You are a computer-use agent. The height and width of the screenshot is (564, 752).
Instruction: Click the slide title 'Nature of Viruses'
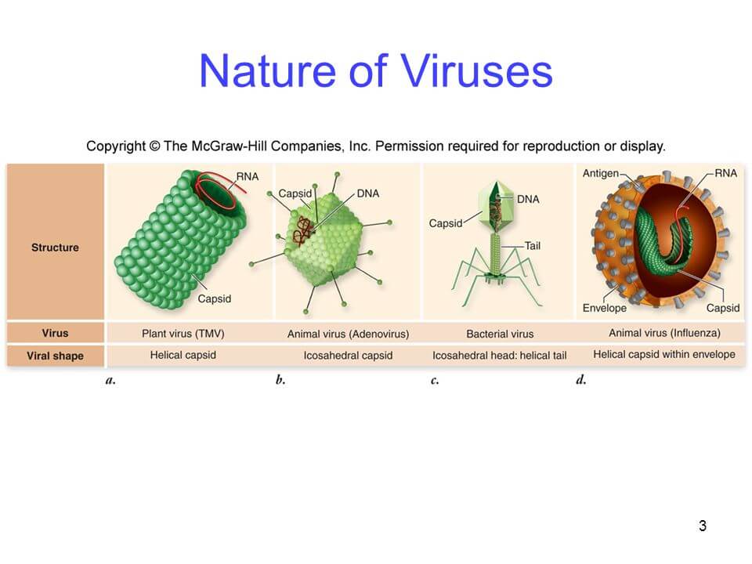[375, 71]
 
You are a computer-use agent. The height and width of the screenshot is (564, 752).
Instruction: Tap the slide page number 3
[702, 526]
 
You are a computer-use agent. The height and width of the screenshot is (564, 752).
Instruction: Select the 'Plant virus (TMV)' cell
[183, 334]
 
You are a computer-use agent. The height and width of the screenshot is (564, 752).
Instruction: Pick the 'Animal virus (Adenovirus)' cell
[348, 334]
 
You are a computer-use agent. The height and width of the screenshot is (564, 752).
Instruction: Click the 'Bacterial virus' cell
[500, 334]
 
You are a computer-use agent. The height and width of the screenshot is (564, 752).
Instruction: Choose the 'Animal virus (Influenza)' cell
[664, 333]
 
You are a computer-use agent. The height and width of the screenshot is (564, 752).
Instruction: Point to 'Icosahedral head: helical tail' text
[499, 356]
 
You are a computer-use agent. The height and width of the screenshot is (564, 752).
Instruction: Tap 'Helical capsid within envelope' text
[664, 354]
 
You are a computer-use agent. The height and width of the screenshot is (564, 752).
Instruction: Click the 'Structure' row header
[55, 248]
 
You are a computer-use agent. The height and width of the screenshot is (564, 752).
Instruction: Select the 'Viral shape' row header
[55, 356]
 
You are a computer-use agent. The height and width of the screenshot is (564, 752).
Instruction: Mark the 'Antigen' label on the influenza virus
[601, 173]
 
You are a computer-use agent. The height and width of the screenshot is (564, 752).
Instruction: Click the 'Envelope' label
[604, 308]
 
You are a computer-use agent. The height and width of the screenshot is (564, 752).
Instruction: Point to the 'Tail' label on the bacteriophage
[533, 245]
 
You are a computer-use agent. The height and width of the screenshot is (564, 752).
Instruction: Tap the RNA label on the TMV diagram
[248, 176]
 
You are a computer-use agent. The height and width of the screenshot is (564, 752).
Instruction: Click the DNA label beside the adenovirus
[368, 193]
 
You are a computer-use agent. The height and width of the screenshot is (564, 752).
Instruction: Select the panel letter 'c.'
[435, 381]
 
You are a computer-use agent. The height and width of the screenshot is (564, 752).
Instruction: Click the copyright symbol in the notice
[154, 146]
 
